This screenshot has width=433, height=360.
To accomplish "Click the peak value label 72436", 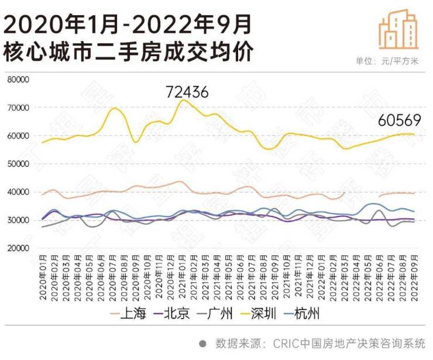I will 187,92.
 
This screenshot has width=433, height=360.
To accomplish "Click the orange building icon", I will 398,29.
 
